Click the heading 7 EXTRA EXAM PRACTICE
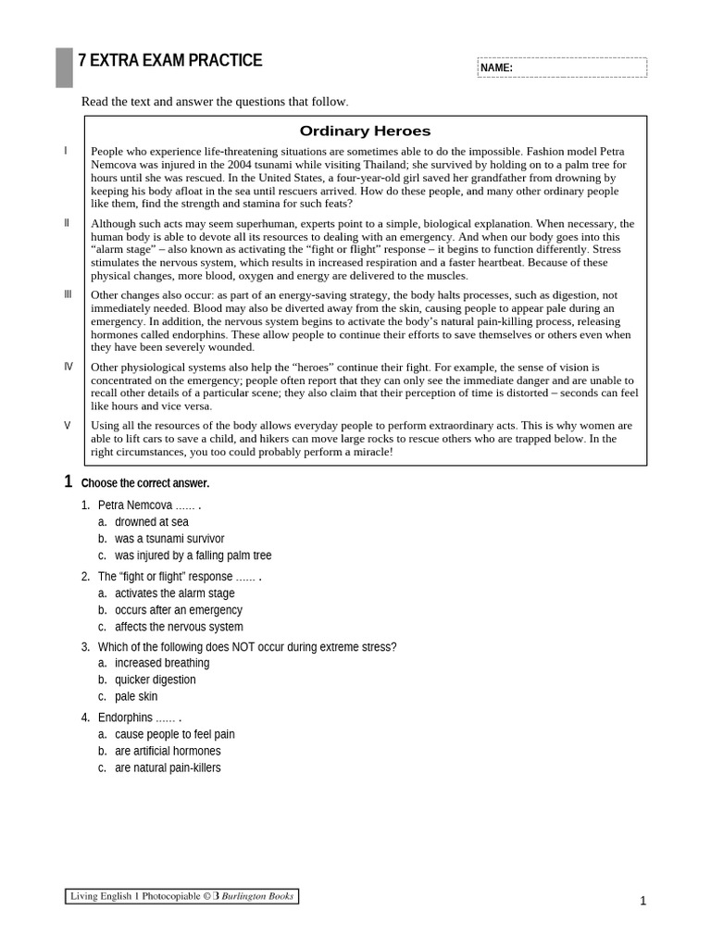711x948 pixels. tap(170, 61)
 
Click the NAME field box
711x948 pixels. tap(562, 68)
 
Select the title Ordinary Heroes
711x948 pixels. tap(366, 131)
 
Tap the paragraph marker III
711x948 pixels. tap(68, 294)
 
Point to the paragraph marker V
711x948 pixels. tap(68, 425)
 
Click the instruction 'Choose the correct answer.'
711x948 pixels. tap(145, 483)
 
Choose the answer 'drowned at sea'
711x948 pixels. tap(152, 522)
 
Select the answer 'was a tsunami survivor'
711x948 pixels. tap(169, 539)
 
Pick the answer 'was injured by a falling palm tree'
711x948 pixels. tap(193, 555)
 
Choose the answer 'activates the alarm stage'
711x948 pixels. tap(175, 593)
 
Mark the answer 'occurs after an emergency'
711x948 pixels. tap(179, 610)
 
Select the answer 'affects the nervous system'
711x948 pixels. tap(179, 627)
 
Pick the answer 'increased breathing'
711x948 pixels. tap(162, 663)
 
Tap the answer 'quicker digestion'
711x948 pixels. tap(156, 680)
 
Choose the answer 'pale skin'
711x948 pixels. tap(136, 696)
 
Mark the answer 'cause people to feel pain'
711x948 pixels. tap(175, 734)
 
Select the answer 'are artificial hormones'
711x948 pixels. tap(168, 751)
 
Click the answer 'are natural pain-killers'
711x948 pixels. tap(168, 767)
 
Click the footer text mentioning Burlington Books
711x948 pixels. tap(182, 896)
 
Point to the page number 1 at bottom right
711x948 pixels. tap(642, 902)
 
